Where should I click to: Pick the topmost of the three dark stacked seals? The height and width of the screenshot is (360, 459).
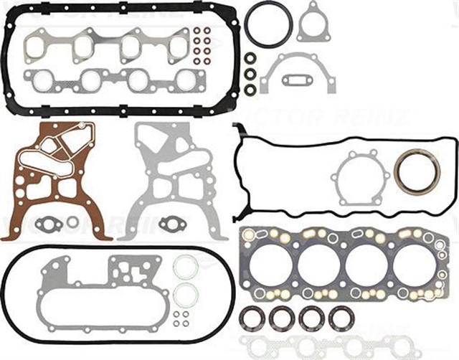[x=250, y=58]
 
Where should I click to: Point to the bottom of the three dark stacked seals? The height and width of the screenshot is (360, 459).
[x=250, y=90]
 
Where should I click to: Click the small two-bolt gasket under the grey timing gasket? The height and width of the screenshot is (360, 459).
[x=171, y=223]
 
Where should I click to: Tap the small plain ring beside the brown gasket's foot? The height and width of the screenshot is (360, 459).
[x=72, y=223]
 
